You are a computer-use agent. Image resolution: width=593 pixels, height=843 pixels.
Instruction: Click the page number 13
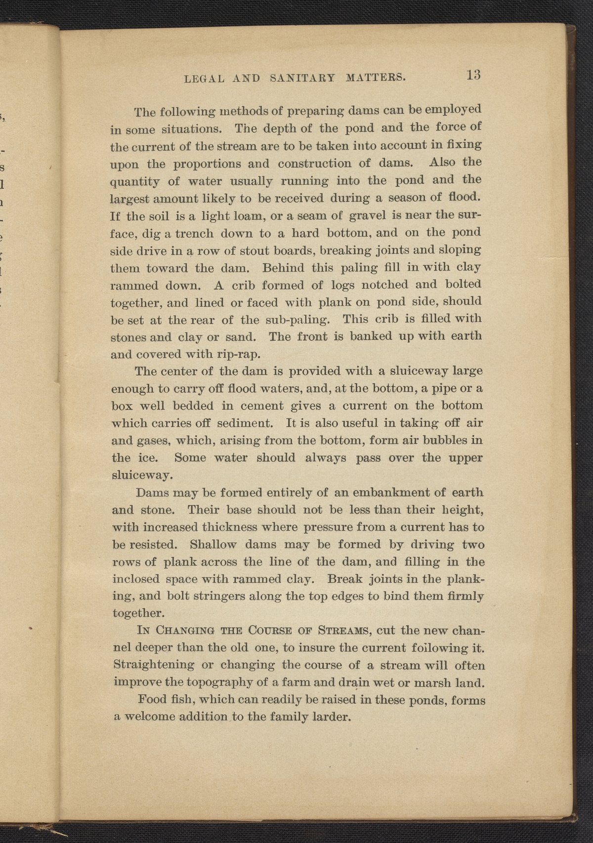(473, 75)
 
